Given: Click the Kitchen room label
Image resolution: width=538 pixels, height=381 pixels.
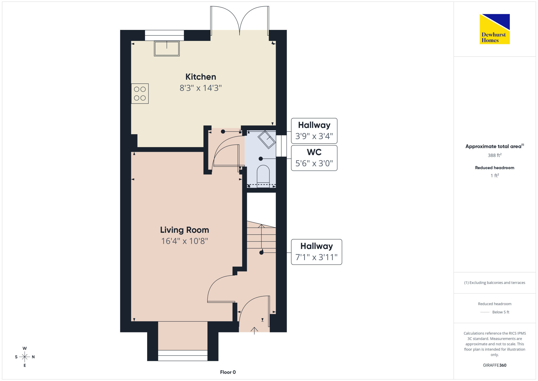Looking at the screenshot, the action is [x=201, y=77].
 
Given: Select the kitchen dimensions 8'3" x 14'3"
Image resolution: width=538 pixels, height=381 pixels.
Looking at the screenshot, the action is [x=201, y=88].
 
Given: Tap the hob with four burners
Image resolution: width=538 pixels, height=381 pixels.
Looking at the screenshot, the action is [x=140, y=93].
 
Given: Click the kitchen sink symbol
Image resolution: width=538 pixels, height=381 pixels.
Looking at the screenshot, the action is [x=167, y=49].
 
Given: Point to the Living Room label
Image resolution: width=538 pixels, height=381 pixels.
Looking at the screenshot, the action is [x=185, y=230].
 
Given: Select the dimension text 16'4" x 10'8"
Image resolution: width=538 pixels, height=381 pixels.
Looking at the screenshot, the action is [x=185, y=241].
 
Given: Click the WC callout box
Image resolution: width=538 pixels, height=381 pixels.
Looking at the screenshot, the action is [x=314, y=158].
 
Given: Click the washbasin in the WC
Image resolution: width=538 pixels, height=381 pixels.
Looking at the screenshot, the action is [x=267, y=139].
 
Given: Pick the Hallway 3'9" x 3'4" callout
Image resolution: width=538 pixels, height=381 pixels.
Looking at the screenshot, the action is [x=314, y=131].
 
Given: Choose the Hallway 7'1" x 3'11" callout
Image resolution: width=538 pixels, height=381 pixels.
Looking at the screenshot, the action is [x=317, y=252].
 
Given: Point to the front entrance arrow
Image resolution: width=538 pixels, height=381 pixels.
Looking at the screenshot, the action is [x=254, y=331].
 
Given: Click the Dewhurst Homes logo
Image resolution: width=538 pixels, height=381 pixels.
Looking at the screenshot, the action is [x=495, y=29].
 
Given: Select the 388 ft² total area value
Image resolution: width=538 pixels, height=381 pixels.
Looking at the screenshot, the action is [x=495, y=155].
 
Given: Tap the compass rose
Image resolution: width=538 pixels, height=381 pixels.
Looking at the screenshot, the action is [x=24, y=357].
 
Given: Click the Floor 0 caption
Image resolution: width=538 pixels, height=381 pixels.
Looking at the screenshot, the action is [x=228, y=372].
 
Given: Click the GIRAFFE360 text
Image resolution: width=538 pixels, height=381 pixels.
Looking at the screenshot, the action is [x=495, y=365].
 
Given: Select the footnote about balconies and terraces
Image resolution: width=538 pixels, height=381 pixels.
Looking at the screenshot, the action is [x=495, y=283].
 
